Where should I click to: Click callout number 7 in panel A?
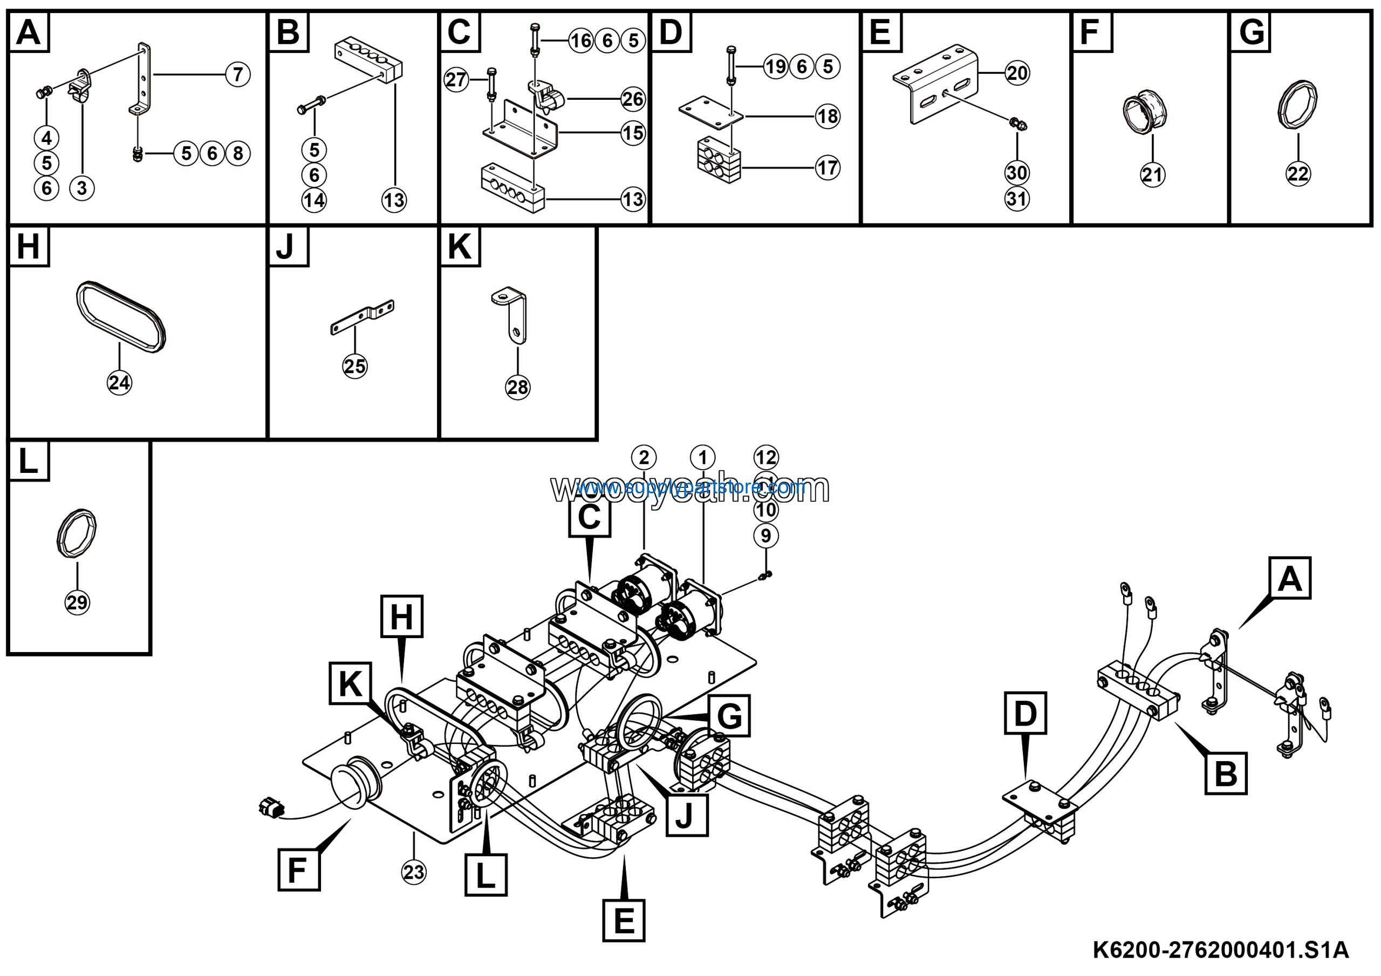pyautogui.click(x=238, y=74)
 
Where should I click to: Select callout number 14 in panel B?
pyautogui.click(x=314, y=200)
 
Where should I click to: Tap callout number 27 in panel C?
pyautogui.click(x=456, y=79)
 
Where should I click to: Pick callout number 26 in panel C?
pyautogui.click(x=633, y=99)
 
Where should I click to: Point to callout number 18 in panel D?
pyautogui.click(x=828, y=116)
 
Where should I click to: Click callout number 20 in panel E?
pyautogui.click(x=1017, y=73)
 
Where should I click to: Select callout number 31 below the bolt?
pyautogui.click(x=1017, y=199)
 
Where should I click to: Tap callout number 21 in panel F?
pyautogui.click(x=1152, y=174)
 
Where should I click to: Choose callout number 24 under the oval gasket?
pyautogui.click(x=119, y=383)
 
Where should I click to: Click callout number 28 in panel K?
pyautogui.click(x=518, y=387)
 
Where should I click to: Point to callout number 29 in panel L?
pyautogui.click(x=77, y=602)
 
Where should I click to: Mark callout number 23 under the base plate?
pyautogui.click(x=414, y=872)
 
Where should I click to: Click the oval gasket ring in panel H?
pyautogui.click(x=121, y=316)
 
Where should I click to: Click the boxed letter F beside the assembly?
pyautogui.click(x=299, y=870)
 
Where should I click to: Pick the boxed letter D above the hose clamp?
pyautogui.click(x=1026, y=713)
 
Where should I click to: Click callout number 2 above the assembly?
pyautogui.click(x=644, y=458)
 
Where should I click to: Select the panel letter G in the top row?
pyautogui.click(x=1252, y=32)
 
